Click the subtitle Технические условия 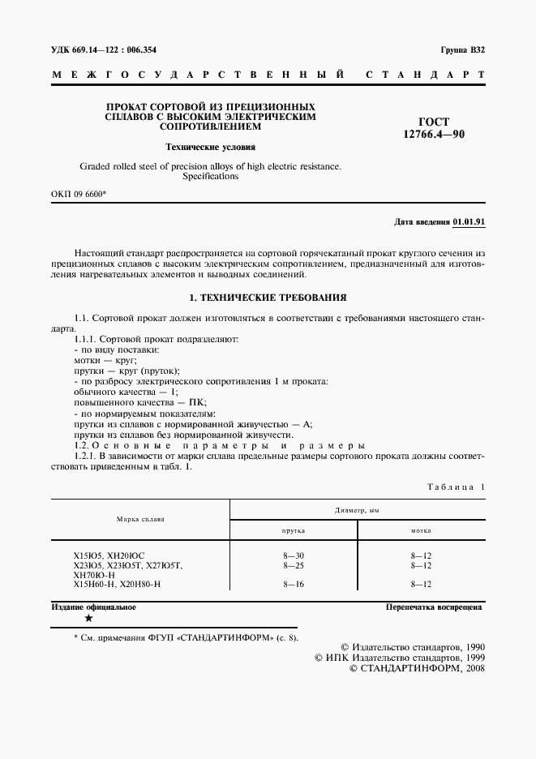210,148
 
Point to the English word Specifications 210,176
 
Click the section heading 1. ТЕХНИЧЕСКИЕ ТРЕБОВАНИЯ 268,298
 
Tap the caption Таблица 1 455,486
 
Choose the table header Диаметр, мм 357,508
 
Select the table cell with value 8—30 294,555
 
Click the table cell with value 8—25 294,564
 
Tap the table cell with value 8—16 294,584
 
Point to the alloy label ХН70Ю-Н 94,574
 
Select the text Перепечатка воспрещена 434,607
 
